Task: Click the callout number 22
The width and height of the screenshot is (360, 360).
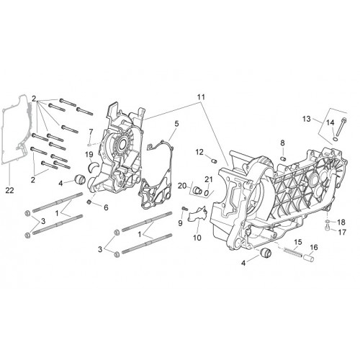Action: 10,190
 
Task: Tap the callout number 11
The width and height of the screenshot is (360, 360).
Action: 201,97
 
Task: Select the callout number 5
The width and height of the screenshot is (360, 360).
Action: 176,124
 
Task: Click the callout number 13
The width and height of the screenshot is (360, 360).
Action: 306,119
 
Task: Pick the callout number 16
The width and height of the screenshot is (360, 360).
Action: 314,247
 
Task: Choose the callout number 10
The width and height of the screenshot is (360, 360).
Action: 197,238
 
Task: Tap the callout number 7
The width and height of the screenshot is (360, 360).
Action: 91,132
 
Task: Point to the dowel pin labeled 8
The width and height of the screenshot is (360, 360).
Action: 283,158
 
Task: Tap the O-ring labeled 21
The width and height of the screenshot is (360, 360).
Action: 206,192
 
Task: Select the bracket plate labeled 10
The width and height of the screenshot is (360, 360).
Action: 197,214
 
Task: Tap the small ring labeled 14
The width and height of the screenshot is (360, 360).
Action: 335,139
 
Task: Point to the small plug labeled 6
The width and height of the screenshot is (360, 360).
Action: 89,202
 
